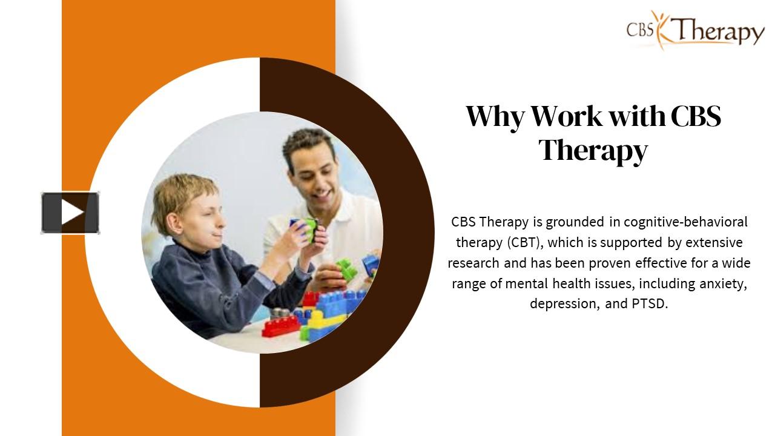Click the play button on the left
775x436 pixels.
pos(70,213)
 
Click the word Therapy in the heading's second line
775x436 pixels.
pos(593,150)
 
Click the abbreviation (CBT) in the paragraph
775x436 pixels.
pos(524,242)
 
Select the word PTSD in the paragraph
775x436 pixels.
pos(650,303)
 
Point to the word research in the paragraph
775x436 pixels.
pos(473,263)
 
